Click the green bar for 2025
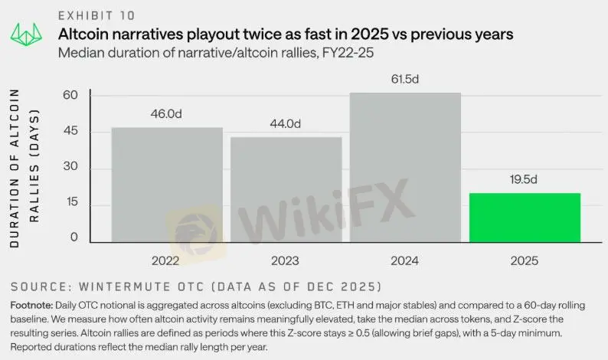click(525, 218)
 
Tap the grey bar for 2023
click(286, 189)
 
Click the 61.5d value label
click(406, 79)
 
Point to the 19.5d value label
click(525, 179)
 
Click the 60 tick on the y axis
click(71, 95)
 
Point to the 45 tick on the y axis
click(71, 132)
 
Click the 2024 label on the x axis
click(405, 260)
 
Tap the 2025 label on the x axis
click(525, 260)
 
